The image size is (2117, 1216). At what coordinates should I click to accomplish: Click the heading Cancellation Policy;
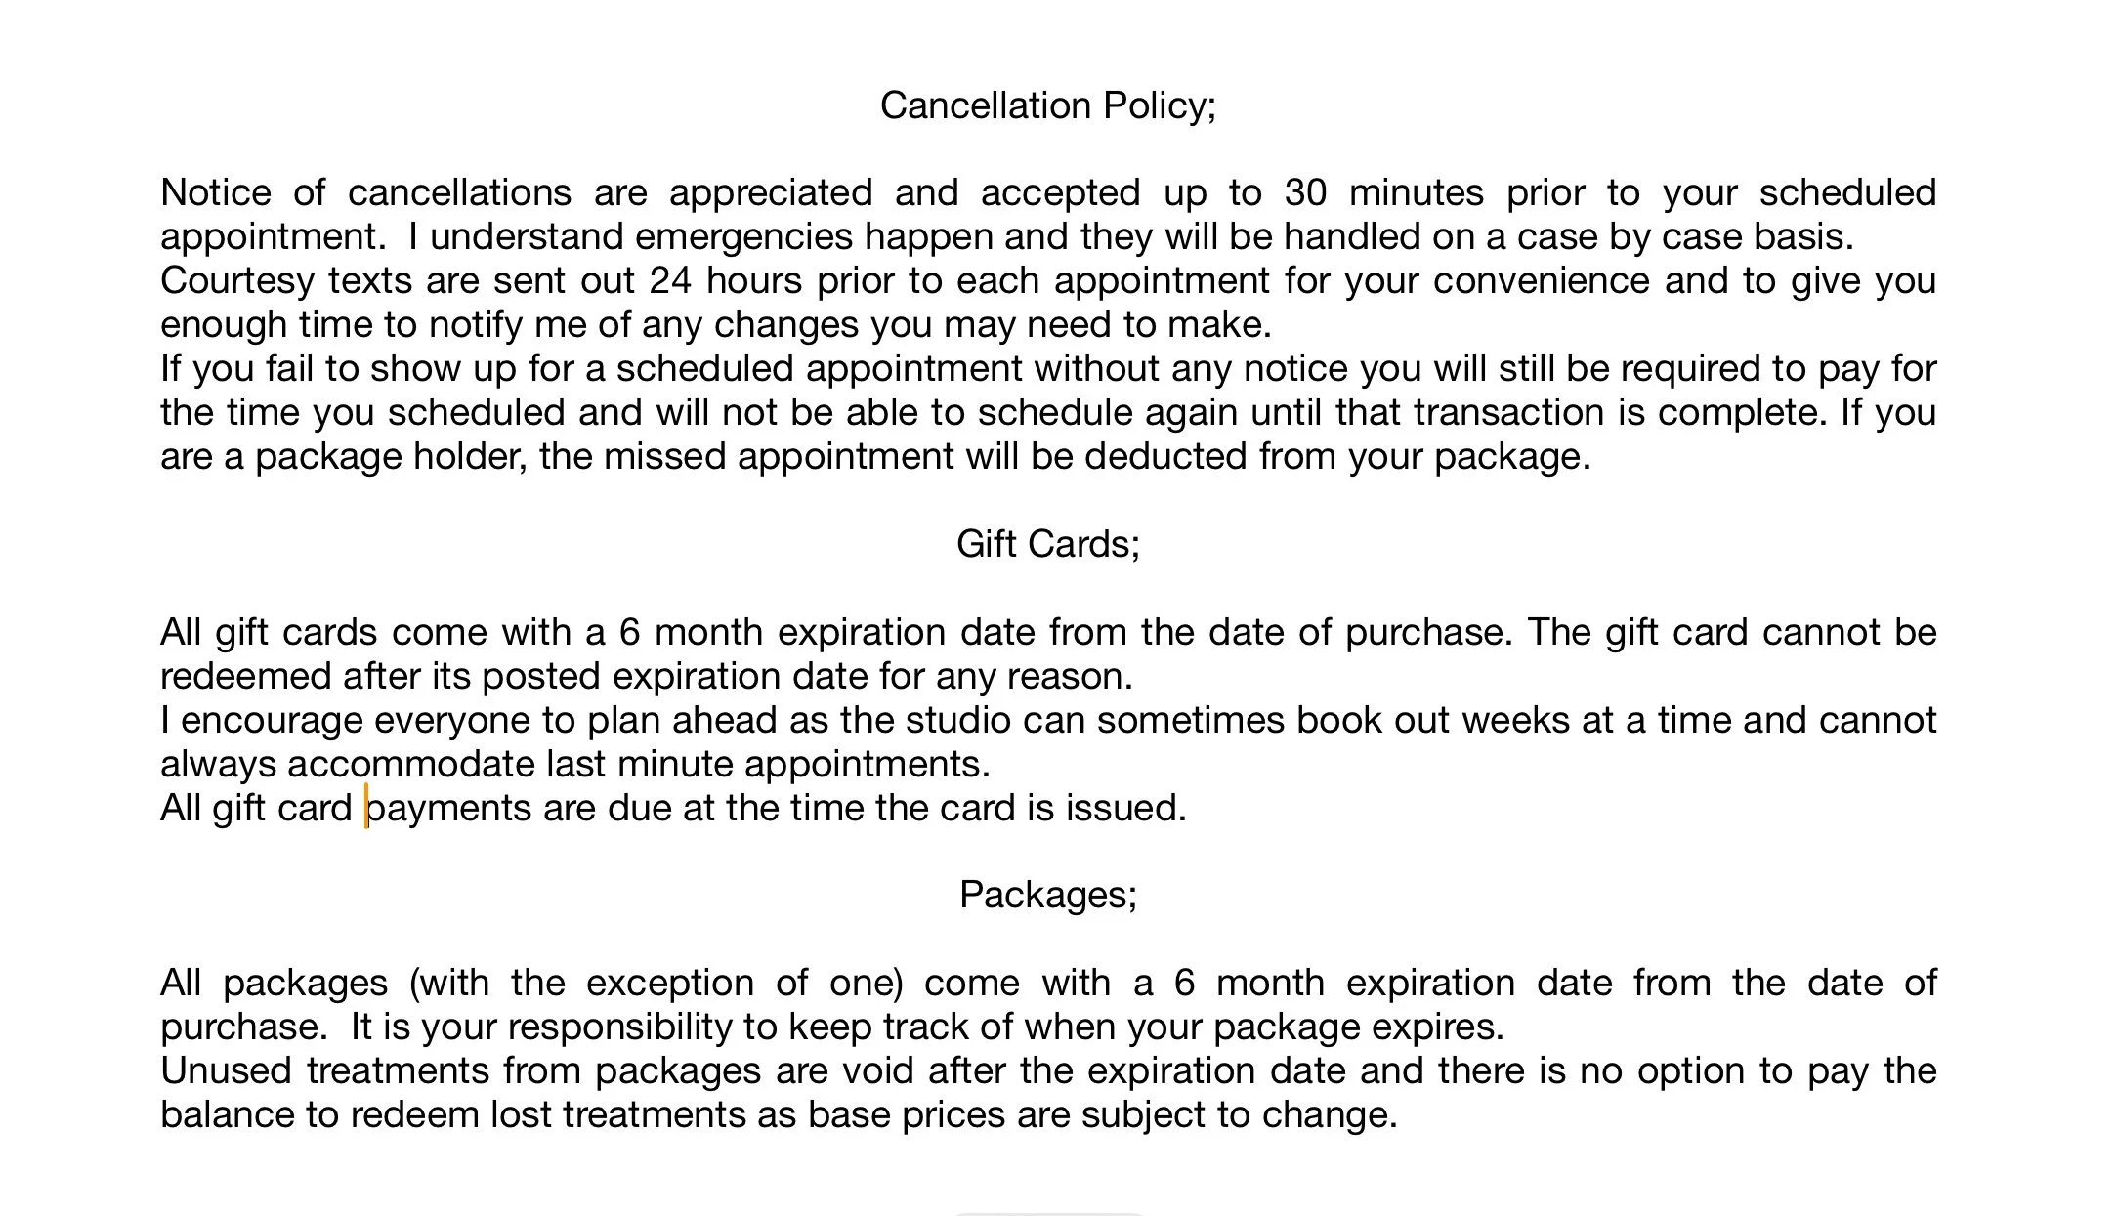click(1047, 105)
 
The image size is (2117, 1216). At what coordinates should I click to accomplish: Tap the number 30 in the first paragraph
click(1305, 192)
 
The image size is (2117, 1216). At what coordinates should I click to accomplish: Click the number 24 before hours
click(670, 280)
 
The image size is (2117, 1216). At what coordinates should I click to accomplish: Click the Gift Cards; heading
click(1047, 544)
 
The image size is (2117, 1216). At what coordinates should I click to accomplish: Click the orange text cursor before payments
click(366, 807)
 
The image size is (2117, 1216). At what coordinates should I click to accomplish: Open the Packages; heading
click(1047, 895)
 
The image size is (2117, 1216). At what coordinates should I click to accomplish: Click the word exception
click(669, 983)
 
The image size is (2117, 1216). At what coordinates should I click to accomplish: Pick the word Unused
click(227, 1070)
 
